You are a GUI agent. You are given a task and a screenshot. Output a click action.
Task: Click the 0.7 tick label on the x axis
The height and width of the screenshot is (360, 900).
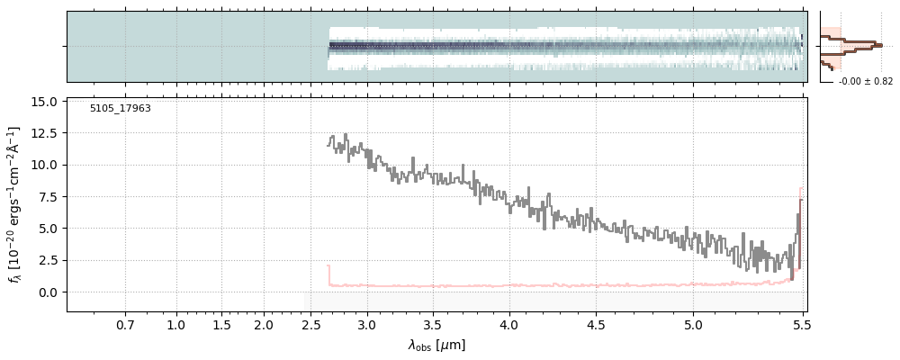click(x=125, y=325)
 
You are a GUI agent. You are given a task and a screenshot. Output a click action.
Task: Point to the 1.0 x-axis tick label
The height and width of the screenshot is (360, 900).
click(x=176, y=325)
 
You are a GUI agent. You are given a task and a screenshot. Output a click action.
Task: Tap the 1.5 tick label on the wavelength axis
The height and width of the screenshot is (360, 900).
click(x=221, y=325)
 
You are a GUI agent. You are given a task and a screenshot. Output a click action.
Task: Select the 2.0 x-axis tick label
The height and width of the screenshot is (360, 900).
click(x=263, y=325)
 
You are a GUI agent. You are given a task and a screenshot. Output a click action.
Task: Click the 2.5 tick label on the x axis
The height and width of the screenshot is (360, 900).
click(x=311, y=325)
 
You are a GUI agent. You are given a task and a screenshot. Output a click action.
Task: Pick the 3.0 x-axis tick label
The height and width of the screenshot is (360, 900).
click(x=366, y=325)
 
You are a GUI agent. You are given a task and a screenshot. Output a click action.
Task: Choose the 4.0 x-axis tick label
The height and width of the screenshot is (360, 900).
click(x=509, y=325)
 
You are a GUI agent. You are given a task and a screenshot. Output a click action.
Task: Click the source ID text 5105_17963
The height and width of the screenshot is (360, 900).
click(x=120, y=109)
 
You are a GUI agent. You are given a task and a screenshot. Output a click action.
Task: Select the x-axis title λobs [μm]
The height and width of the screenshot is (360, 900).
click(x=436, y=345)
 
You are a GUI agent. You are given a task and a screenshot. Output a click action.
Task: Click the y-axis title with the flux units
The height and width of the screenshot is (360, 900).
click(x=14, y=205)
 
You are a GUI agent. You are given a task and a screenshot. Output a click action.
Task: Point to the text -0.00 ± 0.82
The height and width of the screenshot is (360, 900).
click(x=865, y=82)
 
